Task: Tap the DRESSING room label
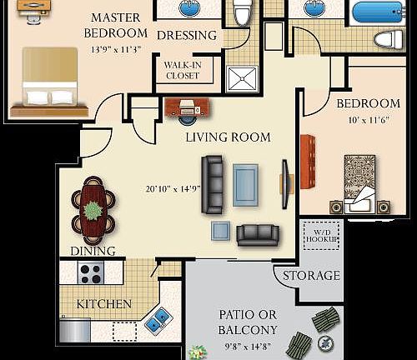pyautogui.click(x=187, y=36)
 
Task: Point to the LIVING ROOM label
pyautogui.click(x=228, y=137)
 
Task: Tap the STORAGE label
pyautogui.click(x=311, y=276)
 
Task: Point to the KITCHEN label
pyautogui.click(x=103, y=304)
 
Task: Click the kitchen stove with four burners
pyautogui.click(x=90, y=272)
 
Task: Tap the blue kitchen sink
pyautogui.click(x=158, y=319)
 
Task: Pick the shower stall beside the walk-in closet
pyautogui.click(x=245, y=77)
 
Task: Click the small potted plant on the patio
pyautogui.click(x=198, y=352)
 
